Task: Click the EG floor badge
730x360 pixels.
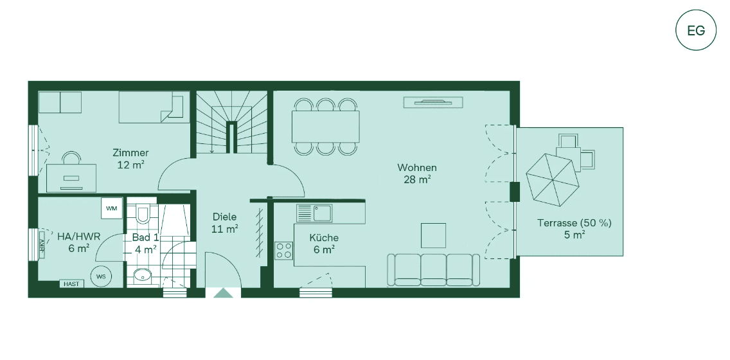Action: pyautogui.click(x=696, y=30)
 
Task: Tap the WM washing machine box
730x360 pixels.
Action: pyautogui.click(x=112, y=208)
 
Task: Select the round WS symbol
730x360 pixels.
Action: pyautogui.click(x=101, y=276)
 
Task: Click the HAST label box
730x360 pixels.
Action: pyautogui.click(x=71, y=283)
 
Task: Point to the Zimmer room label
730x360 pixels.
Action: pyautogui.click(x=130, y=158)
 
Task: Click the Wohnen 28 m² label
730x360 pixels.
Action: pyautogui.click(x=416, y=174)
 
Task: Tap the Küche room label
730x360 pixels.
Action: pyautogui.click(x=323, y=243)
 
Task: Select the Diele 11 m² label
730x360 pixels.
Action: pyautogui.click(x=224, y=222)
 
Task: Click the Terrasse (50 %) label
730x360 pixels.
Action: pyautogui.click(x=574, y=229)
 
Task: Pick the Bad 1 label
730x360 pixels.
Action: pyautogui.click(x=145, y=243)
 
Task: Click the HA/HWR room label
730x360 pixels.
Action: pyautogui.click(x=78, y=242)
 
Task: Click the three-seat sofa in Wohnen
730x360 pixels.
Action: pyautogui.click(x=434, y=270)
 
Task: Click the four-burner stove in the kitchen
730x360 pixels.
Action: pyautogui.click(x=284, y=250)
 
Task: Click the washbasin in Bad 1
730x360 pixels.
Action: pyautogui.click(x=143, y=276)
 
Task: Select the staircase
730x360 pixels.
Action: pyautogui.click(x=231, y=122)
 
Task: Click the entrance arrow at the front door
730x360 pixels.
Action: pyautogui.click(x=223, y=293)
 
